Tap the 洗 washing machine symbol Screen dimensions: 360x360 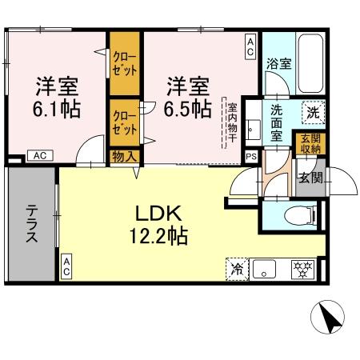point(313,113)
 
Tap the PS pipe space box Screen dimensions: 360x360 point(251,157)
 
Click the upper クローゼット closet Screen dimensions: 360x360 point(124,63)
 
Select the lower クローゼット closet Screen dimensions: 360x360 point(124,122)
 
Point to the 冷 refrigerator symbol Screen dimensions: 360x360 point(238,270)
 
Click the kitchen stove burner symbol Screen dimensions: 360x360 point(302,270)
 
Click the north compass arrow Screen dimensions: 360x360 point(328,318)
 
